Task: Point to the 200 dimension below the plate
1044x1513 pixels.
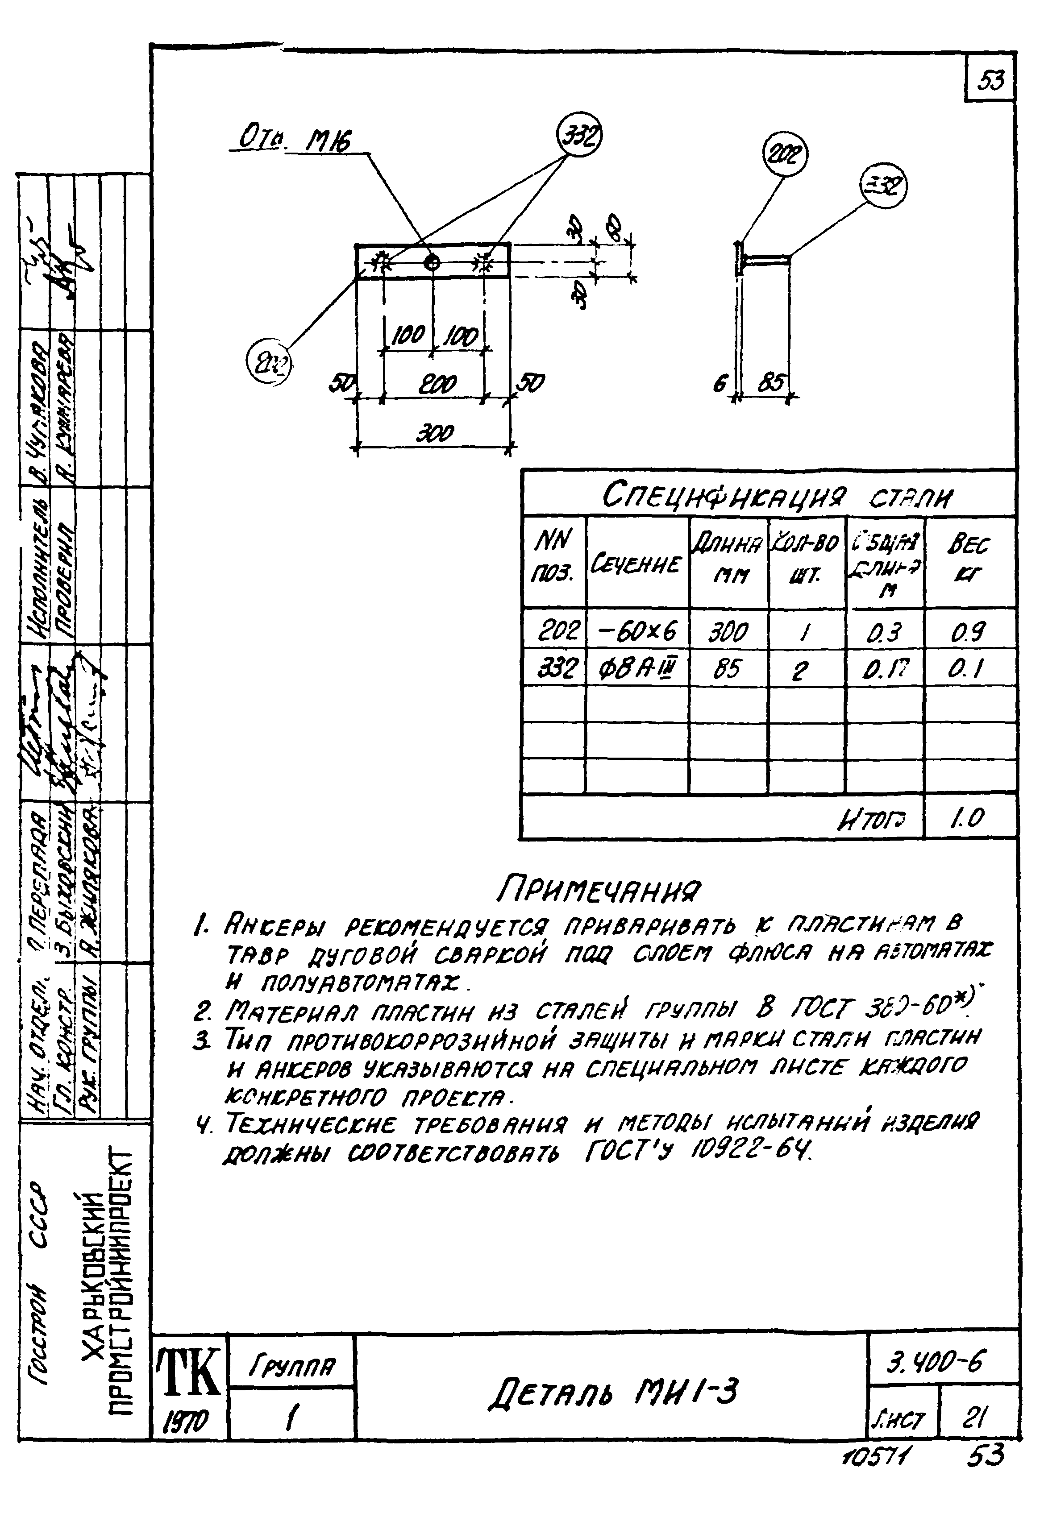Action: pos(437,384)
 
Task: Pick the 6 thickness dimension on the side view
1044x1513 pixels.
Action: pos(720,385)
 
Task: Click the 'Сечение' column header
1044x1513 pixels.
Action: pos(636,564)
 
